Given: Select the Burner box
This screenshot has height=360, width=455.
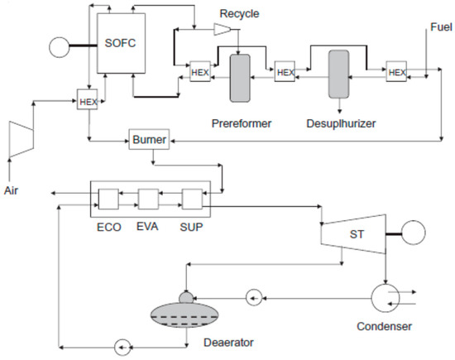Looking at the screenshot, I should tap(149, 140).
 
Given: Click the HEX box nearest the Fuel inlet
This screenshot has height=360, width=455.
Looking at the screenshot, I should tap(397, 72).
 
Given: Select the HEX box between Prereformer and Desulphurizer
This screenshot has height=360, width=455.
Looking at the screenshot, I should tap(285, 72).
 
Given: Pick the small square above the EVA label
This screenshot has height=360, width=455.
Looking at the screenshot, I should tap(149, 199).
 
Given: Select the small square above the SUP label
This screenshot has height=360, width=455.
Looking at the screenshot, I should tap(191, 199).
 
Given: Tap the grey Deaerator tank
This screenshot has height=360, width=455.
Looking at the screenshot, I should tap(189, 315).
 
